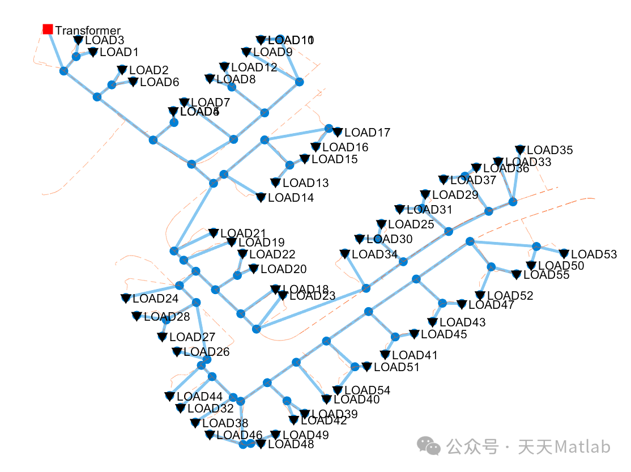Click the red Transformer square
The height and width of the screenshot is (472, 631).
tap(48, 29)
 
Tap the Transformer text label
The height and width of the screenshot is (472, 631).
tap(88, 31)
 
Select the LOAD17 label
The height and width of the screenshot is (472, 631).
tap(367, 133)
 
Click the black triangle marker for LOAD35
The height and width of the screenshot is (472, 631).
tap(521, 150)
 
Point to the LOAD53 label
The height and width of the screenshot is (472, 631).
tap(594, 254)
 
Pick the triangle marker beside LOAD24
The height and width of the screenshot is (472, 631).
tap(125, 298)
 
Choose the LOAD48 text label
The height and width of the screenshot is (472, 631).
tap(291, 444)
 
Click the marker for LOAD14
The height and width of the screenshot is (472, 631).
tap(261, 197)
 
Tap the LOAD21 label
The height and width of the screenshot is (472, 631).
tap(243, 233)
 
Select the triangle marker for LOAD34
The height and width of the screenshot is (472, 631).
tap(344, 254)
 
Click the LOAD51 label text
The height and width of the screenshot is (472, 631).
tap(396, 367)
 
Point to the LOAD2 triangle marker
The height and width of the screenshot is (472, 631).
tap(122, 70)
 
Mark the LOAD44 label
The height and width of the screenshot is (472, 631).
tap(200, 397)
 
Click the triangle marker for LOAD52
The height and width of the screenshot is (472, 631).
tap(480, 295)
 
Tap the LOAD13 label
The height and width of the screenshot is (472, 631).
tap(305, 183)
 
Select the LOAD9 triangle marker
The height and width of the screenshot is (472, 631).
tap(246, 52)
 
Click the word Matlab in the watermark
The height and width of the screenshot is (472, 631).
tap(582, 447)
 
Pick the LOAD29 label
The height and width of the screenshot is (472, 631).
tap(455, 195)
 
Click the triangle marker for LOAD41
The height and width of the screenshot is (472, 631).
tap(385, 355)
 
